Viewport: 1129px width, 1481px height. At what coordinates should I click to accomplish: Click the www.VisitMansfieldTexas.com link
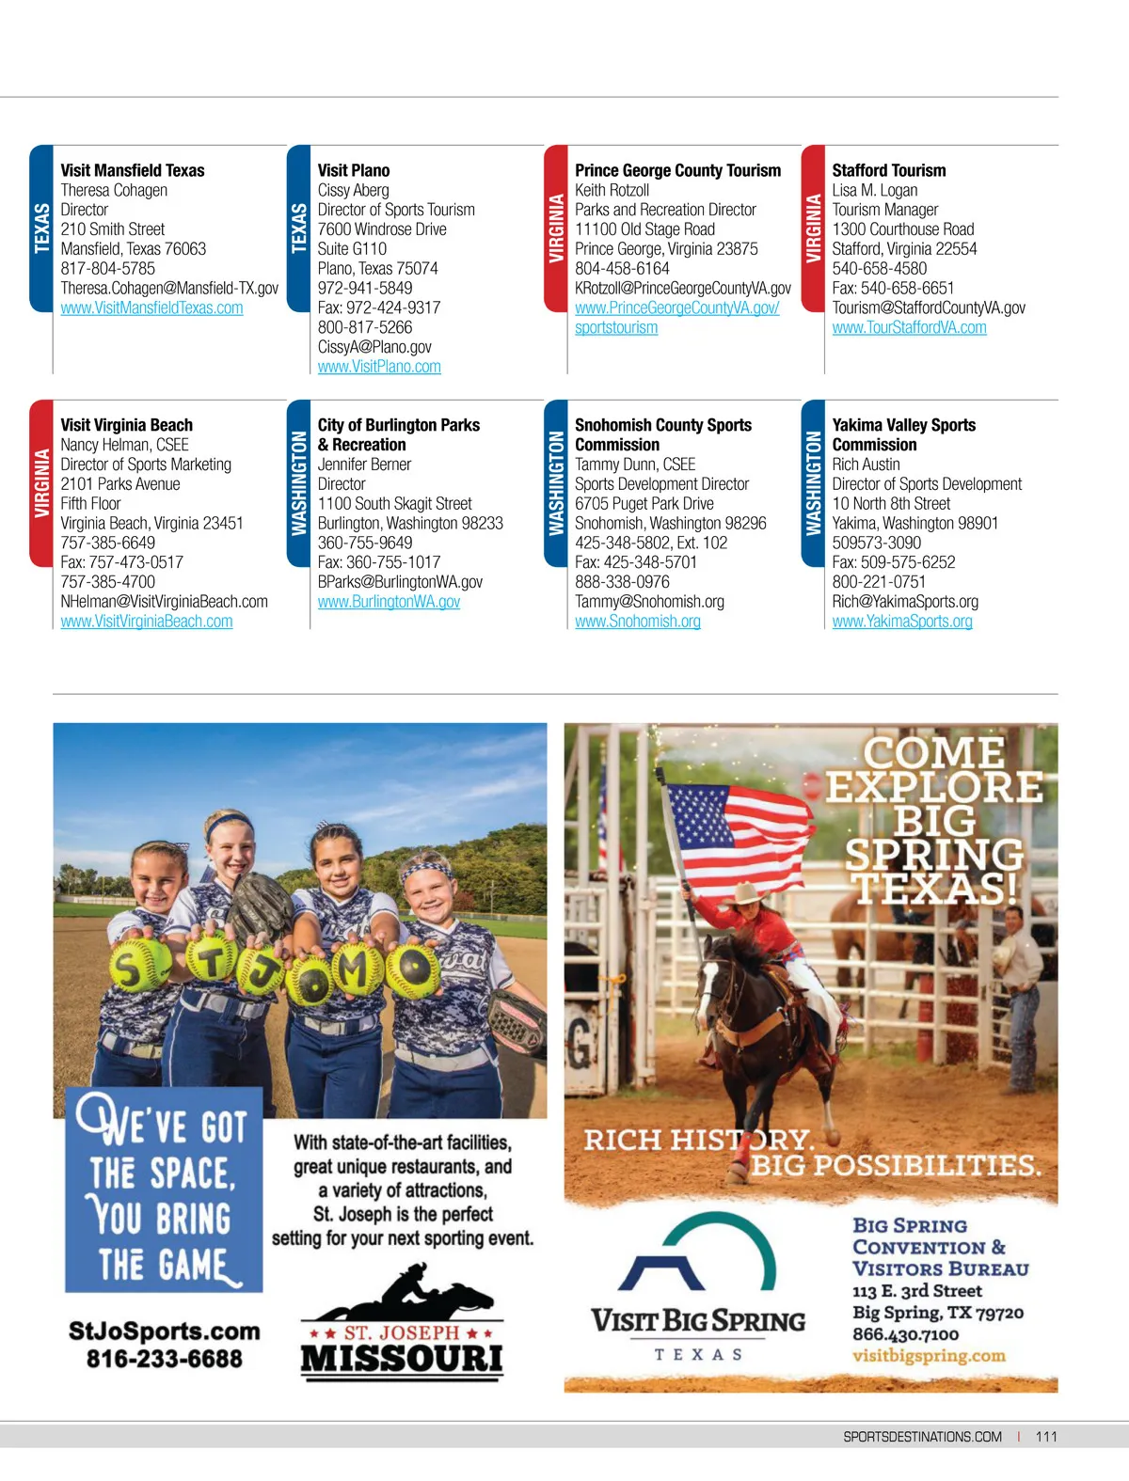[151, 308]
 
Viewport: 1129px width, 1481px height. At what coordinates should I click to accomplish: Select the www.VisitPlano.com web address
[379, 368]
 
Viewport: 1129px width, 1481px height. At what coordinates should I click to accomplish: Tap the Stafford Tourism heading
[888, 170]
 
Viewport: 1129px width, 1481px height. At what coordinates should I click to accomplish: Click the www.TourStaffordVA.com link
[909, 328]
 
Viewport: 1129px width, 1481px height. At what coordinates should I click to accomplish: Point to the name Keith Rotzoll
[612, 190]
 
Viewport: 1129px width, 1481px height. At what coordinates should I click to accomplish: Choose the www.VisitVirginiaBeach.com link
[147, 622]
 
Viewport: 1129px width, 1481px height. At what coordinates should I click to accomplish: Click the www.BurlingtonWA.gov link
[389, 602]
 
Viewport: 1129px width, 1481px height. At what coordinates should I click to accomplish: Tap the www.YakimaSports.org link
[901, 622]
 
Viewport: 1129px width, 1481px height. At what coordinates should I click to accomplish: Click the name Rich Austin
[866, 465]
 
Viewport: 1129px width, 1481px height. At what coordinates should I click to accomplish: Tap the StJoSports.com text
[164, 1331]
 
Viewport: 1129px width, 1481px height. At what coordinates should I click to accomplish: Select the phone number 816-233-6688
[164, 1359]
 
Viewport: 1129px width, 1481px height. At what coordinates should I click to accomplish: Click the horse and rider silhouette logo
[405, 1295]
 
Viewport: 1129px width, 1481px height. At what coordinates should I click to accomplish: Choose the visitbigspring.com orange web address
[928, 1356]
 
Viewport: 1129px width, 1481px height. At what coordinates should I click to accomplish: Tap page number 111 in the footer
[1045, 1437]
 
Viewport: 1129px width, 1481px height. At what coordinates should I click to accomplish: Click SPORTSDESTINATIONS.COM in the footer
[922, 1437]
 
